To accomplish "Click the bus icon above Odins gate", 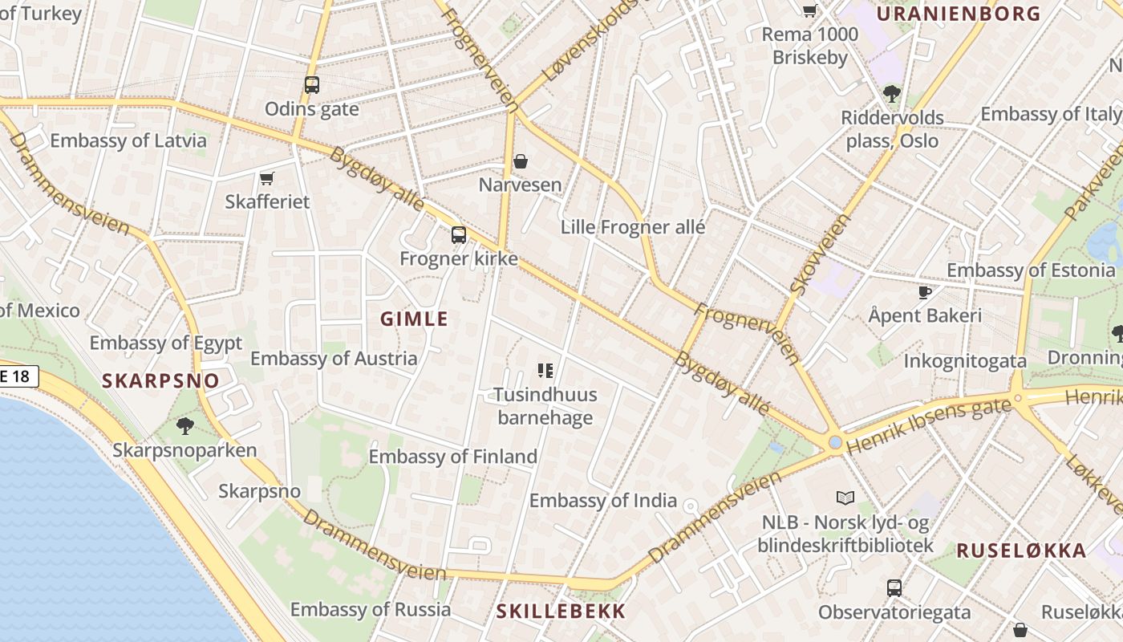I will point(312,84).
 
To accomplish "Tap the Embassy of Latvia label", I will point(128,140).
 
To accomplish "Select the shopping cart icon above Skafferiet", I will point(267,178).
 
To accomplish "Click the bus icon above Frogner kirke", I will point(458,235).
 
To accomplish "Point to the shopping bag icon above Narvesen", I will point(521,161).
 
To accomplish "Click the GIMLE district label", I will point(414,319).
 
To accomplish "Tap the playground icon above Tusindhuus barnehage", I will point(545,370).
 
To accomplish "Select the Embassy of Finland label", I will point(452,457).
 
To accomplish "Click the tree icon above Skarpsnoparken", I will point(185,425).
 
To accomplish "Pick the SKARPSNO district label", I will point(160,381).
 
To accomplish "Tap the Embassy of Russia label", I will point(371,609).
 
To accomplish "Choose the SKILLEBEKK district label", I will point(561,611).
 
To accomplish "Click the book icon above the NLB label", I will point(845,498).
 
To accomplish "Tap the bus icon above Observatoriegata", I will point(894,587).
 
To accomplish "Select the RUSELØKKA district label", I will point(1021,551).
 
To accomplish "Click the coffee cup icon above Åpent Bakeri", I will point(924,292).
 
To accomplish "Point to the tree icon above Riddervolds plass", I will point(891,94).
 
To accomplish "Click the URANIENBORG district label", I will point(958,14).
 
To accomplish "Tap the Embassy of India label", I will point(603,501).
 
